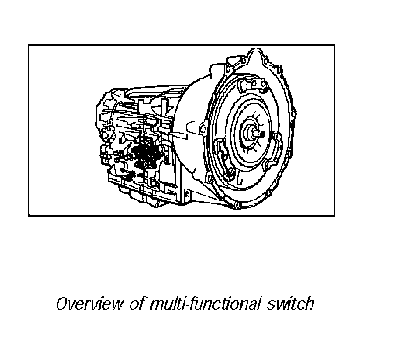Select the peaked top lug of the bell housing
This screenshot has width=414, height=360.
pyautogui.click(x=255, y=52)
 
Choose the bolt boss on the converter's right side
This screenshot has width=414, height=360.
pyautogui.click(x=277, y=136)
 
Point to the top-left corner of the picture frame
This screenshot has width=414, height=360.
pyautogui.click(x=29, y=46)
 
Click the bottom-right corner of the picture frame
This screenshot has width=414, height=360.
pyautogui.click(x=335, y=216)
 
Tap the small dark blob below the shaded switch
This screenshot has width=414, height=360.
pyautogui.click(x=130, y=175)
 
